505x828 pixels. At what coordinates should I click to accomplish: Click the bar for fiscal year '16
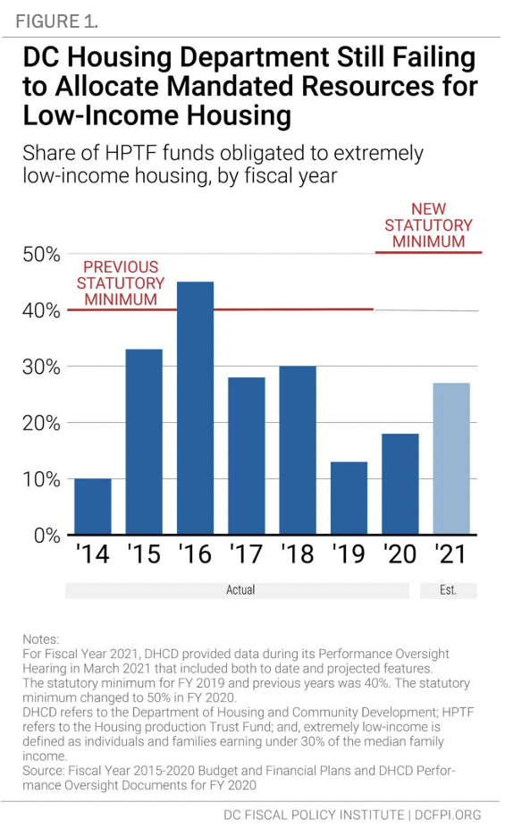(x=195, y=408)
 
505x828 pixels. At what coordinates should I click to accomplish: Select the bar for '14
(x=93, y=506)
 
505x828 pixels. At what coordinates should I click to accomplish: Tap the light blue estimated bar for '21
(x=451, y=459)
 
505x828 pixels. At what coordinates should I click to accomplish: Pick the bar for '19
(x=349, y=498)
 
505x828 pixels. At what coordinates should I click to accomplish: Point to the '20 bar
(x=400, y=484)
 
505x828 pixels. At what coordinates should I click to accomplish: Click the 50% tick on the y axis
(x=41, y=254)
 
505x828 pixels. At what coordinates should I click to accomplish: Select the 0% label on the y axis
(x=47, y=535)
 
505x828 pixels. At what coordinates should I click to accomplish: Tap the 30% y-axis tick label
(x=41, y=367)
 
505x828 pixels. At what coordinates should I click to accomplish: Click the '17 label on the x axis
(x=246, y=553)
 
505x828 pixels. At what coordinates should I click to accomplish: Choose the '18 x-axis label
(x=298, y=553)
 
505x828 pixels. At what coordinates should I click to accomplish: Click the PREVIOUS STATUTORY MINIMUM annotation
(x=121, y=283)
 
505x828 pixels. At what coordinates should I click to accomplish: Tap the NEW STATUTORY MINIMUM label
(x=428, y=225)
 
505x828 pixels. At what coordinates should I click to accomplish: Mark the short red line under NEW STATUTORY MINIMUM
(x=428, y=252)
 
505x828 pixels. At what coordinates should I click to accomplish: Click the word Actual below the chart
(x=240, y=590)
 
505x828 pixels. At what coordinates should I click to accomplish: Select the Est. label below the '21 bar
(x=448, y=590)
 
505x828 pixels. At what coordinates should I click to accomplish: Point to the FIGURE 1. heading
(x=56, y=21)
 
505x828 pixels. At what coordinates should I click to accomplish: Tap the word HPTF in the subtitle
(x=131, y=153)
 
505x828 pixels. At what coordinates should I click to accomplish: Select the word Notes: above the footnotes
(x=40, y=639)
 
